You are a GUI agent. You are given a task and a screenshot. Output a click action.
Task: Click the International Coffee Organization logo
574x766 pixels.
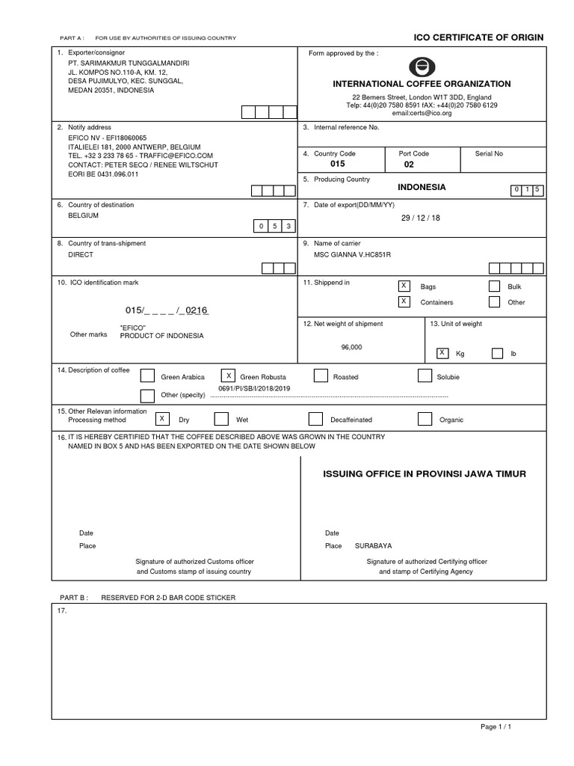coord(422,67)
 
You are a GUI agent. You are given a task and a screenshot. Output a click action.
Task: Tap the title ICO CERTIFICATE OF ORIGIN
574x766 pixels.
coord(478,37)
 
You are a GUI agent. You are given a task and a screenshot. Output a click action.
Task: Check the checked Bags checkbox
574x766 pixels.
coord(404,286)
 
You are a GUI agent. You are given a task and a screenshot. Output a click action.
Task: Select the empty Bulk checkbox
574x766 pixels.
coord(493,286)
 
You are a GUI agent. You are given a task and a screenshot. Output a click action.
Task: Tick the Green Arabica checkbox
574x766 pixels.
coord(148,376)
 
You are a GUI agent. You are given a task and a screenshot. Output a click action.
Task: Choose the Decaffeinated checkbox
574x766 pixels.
coord(315,420)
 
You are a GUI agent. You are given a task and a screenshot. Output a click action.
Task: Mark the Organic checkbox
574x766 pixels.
coord(425,420)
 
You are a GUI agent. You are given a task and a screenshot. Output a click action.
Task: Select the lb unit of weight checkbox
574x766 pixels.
coord(498,353)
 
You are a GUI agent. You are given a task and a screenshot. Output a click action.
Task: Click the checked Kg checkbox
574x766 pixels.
coord(442,352)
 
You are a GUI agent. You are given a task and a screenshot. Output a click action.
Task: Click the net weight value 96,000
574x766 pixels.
coord(351,347)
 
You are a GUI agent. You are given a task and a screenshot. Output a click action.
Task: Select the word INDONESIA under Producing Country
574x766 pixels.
coord(422,187)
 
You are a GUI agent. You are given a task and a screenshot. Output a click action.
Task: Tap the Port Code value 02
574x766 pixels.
coord(408,163)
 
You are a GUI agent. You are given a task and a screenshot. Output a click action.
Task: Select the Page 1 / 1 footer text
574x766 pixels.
coord(495,726)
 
